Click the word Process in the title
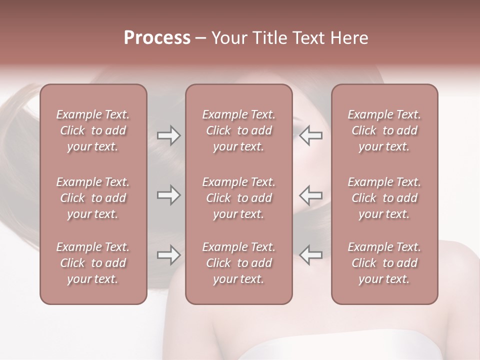coord(157,38)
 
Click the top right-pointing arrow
coord(168,135)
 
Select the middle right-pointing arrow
coord(168,195)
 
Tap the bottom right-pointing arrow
coord(168,255)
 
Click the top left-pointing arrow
coord(311,135)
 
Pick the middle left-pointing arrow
coord(311,195)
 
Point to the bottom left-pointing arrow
coord(311,255)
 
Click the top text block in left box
coord(93,130)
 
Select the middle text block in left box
coord(93,198)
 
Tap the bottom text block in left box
coord(93,263)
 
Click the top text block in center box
coord(239,130)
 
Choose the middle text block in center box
coord(239,198)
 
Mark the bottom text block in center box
coord(239,263)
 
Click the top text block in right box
coord(384,130)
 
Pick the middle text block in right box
coord(384,198)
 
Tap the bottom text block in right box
coord(384,263)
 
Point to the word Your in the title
coord(228,38)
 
